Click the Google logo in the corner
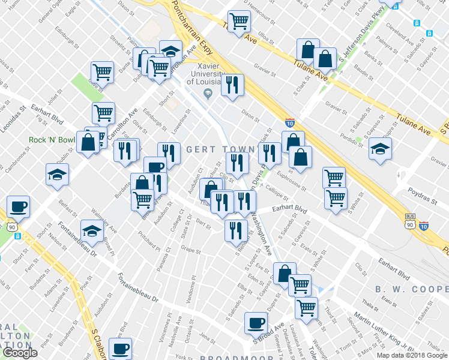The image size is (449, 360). click(20, 353)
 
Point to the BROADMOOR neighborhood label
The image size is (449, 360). click(229, 358)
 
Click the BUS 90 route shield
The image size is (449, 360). click(410, 221)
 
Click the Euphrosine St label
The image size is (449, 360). click(292, 179)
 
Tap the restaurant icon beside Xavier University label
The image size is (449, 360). click(232, 85)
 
